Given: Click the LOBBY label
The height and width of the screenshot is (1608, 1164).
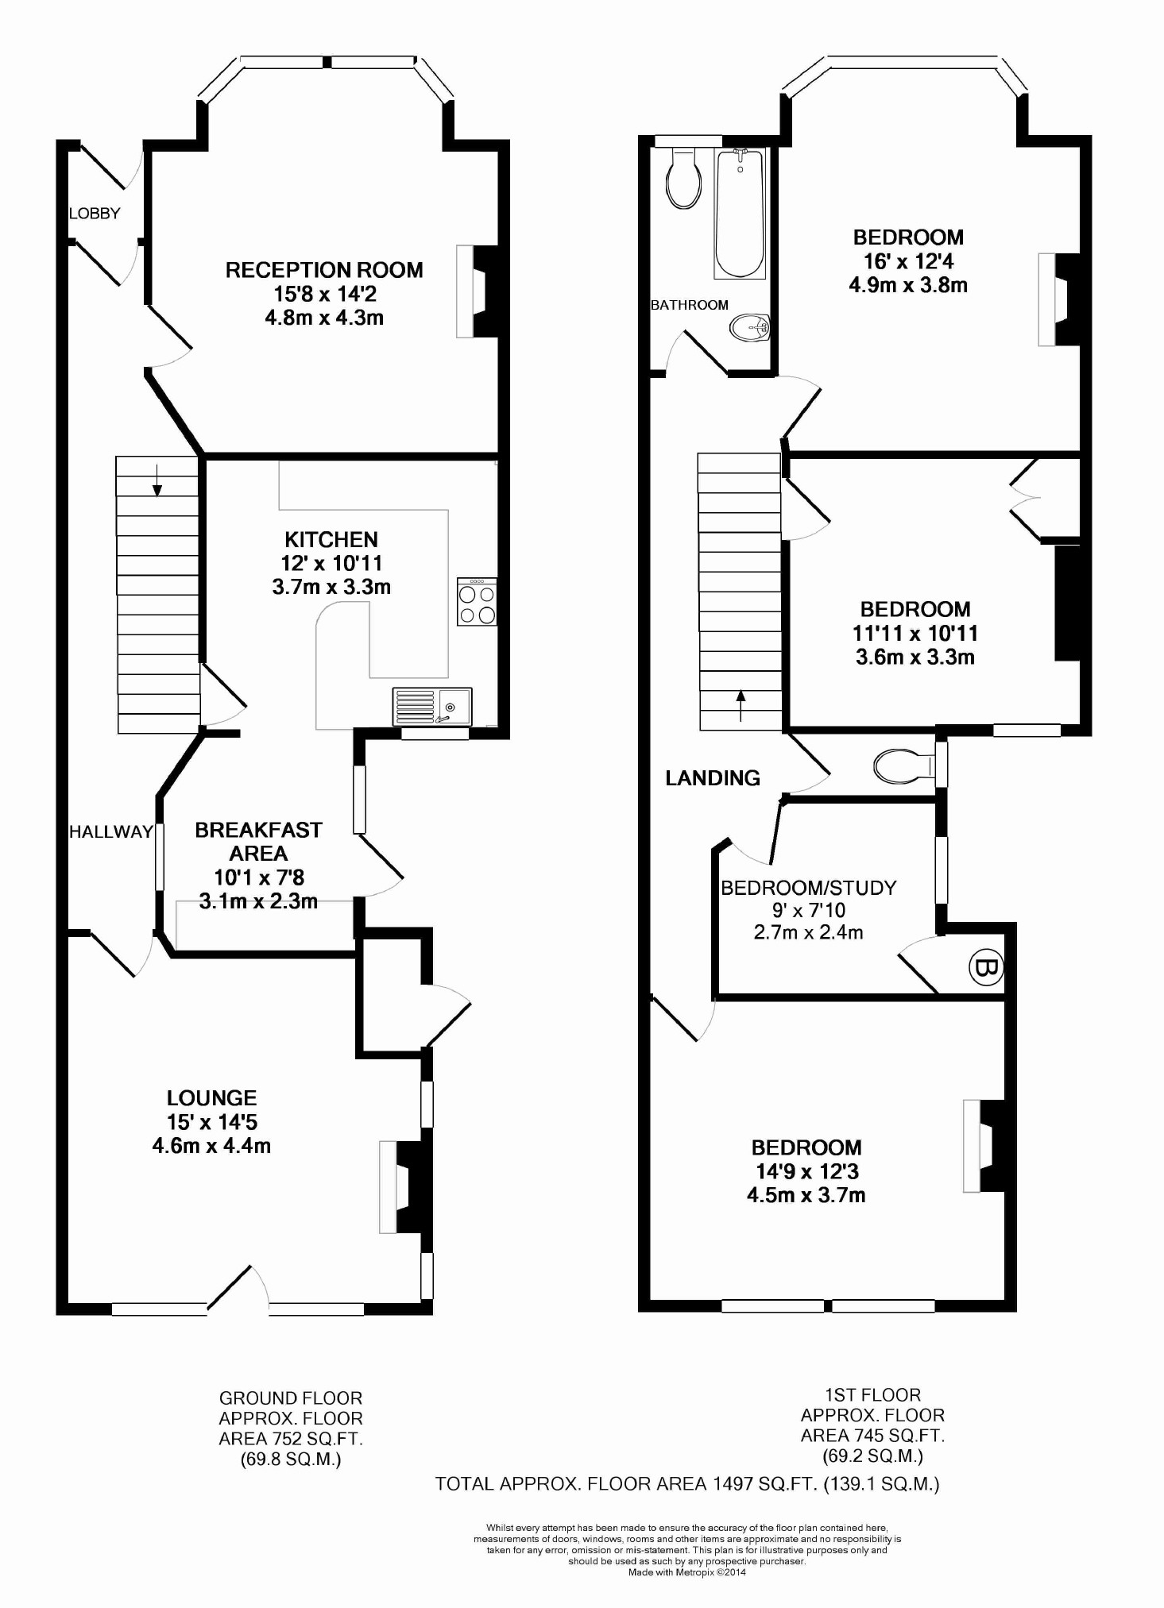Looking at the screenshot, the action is pyautogui.click(x=95, y=214).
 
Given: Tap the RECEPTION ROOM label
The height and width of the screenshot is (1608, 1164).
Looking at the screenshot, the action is pyautogui.click(x=324, y=270).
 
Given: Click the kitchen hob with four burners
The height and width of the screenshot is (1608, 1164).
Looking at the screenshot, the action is pyautogui.click(x=478, y=602).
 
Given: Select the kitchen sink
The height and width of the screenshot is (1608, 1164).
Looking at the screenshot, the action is pyautogui.click(x=432, y=707).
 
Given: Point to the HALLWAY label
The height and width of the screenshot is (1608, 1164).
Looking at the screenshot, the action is pyautogui.click(x=110, y=832).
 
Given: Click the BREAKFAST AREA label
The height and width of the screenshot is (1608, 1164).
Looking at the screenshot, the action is pyautogui.click(x=258, y=842).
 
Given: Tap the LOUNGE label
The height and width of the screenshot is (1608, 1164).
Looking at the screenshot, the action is pyautogui.click(x=211, y=1098).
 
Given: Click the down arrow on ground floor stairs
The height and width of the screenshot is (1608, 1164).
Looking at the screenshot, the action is pyautogui.click(x=157, y=479).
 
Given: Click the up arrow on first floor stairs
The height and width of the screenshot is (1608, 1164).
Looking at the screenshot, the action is pyautogui.click(x=741, y=705).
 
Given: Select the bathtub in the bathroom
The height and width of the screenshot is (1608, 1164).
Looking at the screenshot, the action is pyautogui.click(x=740, y=214).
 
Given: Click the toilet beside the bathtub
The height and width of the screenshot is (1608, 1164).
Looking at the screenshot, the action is pyautogui.click(x=684, y=178).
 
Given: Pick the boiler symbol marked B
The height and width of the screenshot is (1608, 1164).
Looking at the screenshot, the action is pyautogui.click(x=986, y=968).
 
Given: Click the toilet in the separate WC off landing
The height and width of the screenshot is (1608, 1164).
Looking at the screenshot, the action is pyautogui.click(x=904, y=765).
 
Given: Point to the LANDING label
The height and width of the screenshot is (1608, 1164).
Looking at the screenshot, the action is pyautogui.click(x=713, y=778).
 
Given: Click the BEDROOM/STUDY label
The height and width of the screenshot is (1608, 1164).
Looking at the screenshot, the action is pyautogui.click(x=808, y=888).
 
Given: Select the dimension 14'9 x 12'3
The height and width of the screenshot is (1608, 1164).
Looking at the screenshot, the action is pyautogui.click(x=806, y=1171).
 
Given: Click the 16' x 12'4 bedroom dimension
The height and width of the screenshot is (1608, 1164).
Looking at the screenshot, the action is pyautogui.click(x=909, y=261).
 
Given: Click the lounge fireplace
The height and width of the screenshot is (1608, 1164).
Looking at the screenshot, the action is pyautogui.click(x=405, y=1186).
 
